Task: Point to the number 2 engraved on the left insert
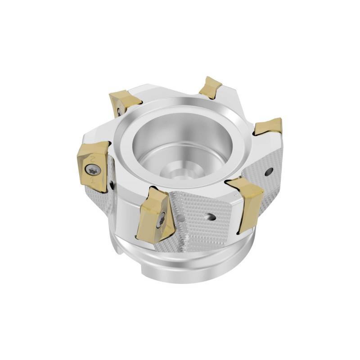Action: pyautogui.click(x=93, y=158)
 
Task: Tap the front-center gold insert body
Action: pyautogui.click(x=155, y=216)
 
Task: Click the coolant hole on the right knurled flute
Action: pyautogui.click(x=269, y=171)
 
